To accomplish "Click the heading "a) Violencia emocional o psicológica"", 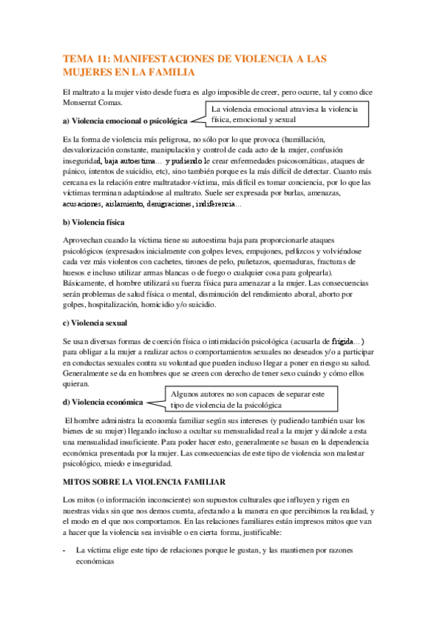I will point(125,120).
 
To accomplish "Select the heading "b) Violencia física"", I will point(94,221).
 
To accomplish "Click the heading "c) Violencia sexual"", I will point(95,323).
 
